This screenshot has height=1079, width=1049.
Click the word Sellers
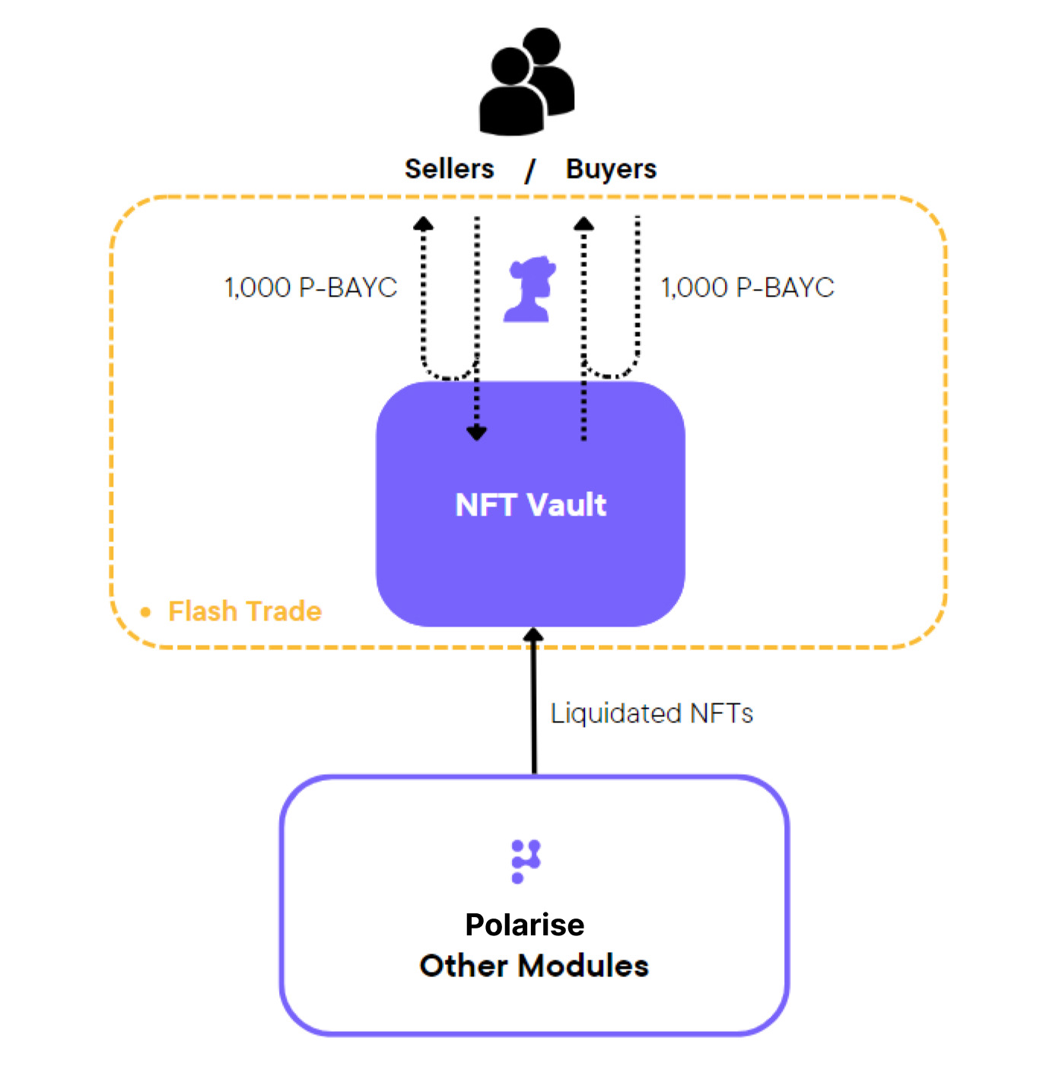[x=449, y=169]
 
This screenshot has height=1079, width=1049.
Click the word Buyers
[x=611, y=169]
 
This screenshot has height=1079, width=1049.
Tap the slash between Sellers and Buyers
[x=530, y=170]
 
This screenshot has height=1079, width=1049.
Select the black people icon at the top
[x=526, y=81]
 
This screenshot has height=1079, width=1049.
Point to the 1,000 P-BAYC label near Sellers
[x=310, y=287]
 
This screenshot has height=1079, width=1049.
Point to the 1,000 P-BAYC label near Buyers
[x=747, y=287]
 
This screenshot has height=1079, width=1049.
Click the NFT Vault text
[x=530, y=505]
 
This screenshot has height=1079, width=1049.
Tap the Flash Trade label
[x=245, y=611]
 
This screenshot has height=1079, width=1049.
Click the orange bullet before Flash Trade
[x=146, y=612]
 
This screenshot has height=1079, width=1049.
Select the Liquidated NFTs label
[x=651, y=713]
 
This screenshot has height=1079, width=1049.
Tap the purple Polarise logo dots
[x=526, y=861]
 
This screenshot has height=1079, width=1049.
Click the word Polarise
[x=525, y=925]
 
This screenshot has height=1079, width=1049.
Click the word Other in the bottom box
[x=463, y=966]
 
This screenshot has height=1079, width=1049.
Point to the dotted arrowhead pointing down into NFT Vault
[x=477, y=433]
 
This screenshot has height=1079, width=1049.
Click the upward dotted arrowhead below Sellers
[x=423, y=223]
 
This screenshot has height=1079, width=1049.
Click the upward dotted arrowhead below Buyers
[x=583, y=223]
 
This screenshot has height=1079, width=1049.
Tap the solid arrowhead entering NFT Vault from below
[x=534, y=634]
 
